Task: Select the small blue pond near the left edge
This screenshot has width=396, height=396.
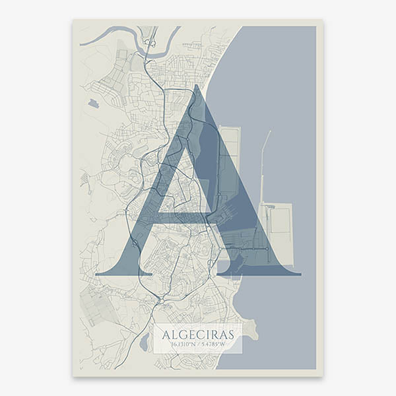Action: click(93, 104)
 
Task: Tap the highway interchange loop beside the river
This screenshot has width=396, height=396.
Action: click(150, 44)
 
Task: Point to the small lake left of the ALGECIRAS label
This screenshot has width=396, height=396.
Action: click(145, 343)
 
